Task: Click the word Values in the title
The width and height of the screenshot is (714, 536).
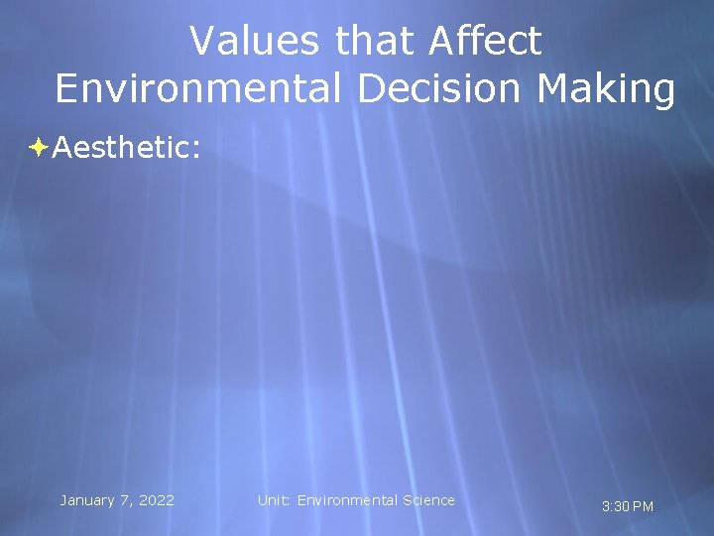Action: (x=256, y=42)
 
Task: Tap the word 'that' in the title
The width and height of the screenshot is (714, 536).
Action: (x=375, y=42)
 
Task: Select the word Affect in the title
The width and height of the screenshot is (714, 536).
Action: (x=486, y=42)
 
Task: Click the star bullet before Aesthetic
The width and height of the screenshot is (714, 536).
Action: (x=39, y=148)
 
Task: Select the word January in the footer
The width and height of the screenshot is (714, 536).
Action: (x=88, y=500)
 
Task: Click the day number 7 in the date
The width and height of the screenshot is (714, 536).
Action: (x=123, y=500)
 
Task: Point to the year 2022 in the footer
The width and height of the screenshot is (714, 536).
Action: (x=156, y=500)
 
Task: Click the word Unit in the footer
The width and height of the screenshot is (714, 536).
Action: (x=273, y=500)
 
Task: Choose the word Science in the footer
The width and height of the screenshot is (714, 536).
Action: (x=428, y=500)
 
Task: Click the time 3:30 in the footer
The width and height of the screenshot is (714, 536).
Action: (x=615, y=507)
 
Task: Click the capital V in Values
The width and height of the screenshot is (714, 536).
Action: (x=201, y=42)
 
